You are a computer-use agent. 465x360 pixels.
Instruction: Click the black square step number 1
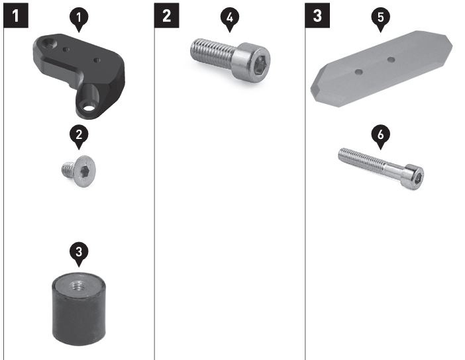[x=16, y=15]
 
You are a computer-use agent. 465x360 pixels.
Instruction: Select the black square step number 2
[x=167, y=15]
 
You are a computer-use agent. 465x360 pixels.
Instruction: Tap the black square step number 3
[x=317, y=15]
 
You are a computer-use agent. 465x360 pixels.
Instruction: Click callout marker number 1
[x=79, y=19]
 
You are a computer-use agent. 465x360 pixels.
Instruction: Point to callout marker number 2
[x=79, y=136]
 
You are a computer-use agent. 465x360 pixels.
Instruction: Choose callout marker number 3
[x=79, y=253]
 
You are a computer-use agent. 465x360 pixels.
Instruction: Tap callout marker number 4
[x=230, y=19]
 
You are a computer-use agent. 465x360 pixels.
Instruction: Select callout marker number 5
[x=381, y=19]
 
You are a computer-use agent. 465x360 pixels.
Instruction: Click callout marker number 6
[x=381, y=136]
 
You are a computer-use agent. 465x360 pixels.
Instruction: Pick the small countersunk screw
[x=79, y=171]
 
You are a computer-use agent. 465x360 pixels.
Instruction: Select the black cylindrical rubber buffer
[x=79, y=310]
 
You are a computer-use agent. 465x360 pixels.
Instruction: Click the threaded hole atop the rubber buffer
[x=78, y=286]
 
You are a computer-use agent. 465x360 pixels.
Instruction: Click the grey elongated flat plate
[x=382, y=69]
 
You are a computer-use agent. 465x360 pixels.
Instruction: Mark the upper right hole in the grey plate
[x=391, y=60]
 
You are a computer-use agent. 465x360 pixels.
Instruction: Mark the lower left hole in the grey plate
[x=359, y=71]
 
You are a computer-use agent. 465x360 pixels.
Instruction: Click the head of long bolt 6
[x=414, y=177]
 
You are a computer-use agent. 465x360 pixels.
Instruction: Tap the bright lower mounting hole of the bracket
[x=88, y=107]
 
